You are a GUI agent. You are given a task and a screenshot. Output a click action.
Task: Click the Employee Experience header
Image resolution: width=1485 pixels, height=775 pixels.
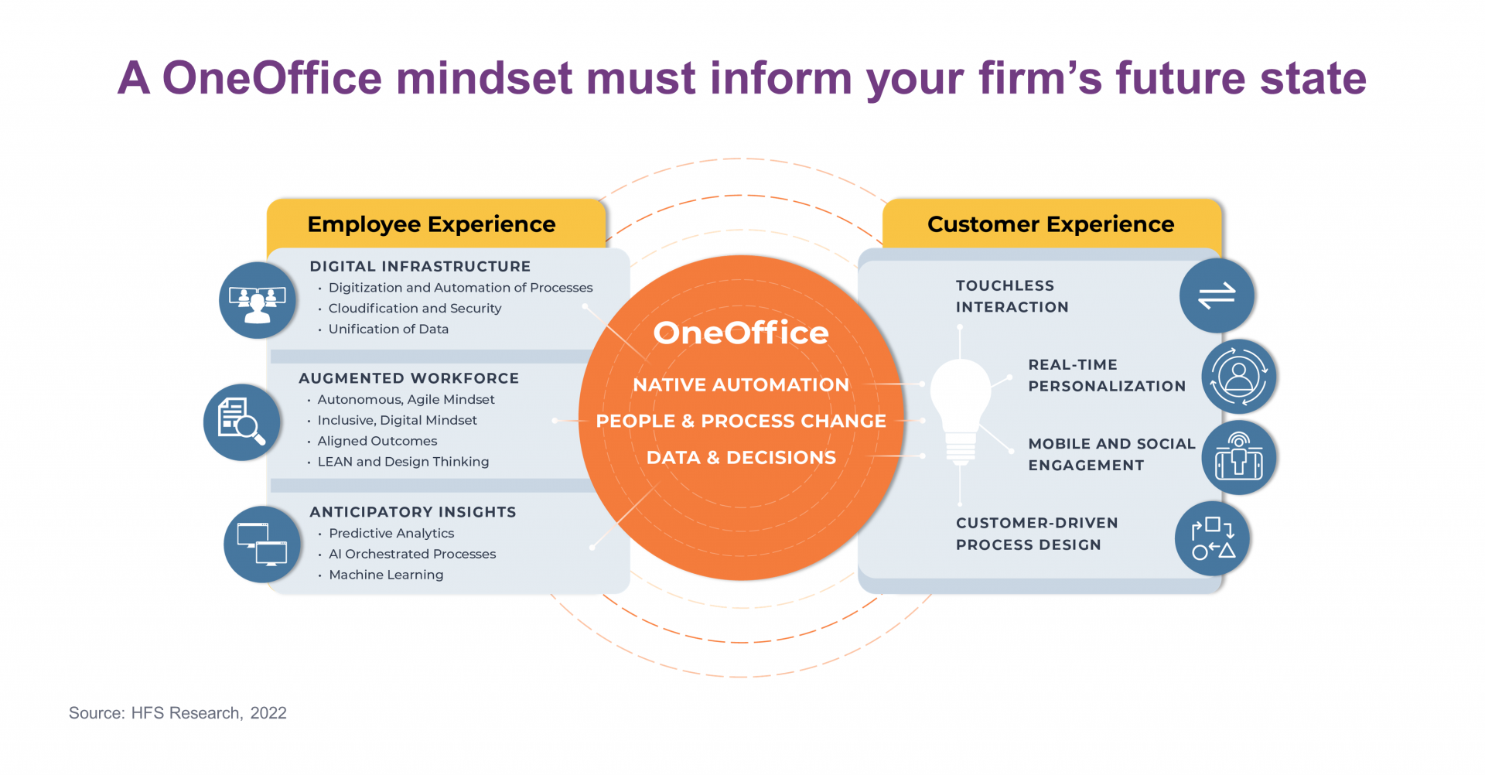tap(432, 224)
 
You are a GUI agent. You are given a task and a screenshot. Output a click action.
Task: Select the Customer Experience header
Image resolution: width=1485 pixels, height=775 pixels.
tap(1050, 224)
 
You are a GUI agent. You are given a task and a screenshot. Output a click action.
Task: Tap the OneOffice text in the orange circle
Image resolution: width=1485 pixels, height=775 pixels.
tap(741, 333)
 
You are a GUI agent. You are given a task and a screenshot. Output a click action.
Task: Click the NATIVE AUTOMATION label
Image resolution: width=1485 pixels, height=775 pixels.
tap(741, 384)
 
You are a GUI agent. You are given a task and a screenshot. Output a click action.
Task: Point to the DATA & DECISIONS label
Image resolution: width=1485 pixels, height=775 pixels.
tap(741, 458)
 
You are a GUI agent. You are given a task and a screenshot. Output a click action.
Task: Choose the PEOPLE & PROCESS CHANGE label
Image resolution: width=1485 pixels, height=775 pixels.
tap(741, 421)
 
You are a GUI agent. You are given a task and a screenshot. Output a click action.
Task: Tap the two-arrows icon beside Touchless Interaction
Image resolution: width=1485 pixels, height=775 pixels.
tap(1217, 295)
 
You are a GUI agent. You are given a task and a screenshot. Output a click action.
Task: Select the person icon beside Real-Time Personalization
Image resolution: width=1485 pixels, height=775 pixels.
tap(1238, 377)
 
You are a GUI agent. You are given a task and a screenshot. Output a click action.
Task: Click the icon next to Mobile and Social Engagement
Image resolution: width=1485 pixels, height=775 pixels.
tap(1238, 458)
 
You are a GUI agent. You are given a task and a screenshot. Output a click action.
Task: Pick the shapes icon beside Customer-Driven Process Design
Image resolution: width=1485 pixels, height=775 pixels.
tap(1212, 538)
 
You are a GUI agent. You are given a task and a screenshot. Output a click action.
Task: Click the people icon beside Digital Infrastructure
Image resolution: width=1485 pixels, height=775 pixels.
tap(258, 300)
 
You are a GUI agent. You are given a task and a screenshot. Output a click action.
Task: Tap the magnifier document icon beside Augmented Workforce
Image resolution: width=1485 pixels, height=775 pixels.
tap(242, 422)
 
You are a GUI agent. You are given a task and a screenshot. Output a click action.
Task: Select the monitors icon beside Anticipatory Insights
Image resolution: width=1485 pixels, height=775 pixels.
tap(262, 544)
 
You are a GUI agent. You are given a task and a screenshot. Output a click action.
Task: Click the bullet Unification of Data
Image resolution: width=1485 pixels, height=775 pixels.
tap(388, 329)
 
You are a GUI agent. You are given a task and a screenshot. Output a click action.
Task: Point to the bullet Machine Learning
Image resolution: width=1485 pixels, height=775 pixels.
tap(386, 575)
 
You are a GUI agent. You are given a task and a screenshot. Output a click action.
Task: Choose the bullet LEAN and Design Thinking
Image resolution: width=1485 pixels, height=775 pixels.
tap(403, 462)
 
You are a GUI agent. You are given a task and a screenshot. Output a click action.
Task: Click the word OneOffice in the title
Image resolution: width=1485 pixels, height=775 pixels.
tap(272, 78)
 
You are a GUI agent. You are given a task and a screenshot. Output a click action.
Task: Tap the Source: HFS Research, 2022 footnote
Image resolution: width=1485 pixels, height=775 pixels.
tap(178, 713)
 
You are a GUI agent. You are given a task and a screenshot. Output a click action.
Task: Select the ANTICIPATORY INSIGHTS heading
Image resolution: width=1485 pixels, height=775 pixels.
tap(413, 512)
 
